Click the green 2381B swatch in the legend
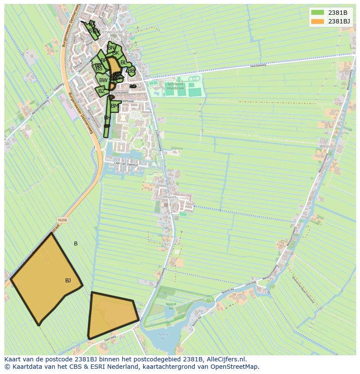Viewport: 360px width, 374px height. [x=317, y=13]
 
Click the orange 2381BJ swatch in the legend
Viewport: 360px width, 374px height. [x=317, y=21]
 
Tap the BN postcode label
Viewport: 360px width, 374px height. [x=111, y=48]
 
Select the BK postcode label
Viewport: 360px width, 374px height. [x=116, y=53]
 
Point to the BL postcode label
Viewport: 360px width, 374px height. [x=124, y=63]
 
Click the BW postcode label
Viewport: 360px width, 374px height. [x=103, y=80]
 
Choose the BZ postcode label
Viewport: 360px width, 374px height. [x=102, y=91]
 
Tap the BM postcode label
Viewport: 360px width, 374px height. [x=115, y=106]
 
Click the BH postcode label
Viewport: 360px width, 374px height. [x=107, y=118]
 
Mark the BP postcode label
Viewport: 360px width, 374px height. [x=104, y=60]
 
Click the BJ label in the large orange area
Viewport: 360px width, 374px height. [x=68, y=281]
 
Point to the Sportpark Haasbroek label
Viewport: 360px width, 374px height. [x=175, y=86]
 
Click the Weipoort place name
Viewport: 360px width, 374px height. [x=327, y=147]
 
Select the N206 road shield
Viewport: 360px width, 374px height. [x=63, y=220]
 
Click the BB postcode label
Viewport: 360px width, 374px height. [x=132, y=71]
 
